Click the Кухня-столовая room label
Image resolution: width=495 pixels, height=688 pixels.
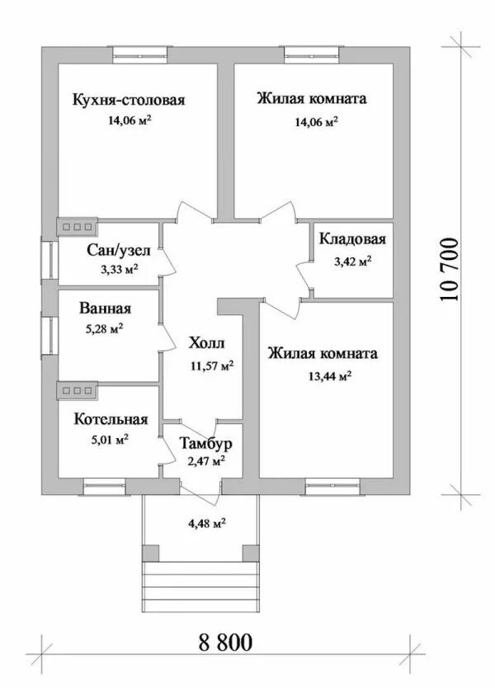[129, 100]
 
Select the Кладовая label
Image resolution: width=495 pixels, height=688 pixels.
[352, 239]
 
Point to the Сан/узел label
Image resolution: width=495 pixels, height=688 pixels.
[119, 251]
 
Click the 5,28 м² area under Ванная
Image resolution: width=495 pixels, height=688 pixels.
[104, 328]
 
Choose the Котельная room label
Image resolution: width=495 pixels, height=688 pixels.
[111, 419]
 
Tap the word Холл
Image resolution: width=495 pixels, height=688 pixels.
[206, 342]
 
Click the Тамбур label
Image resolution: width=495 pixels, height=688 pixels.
[205, 444]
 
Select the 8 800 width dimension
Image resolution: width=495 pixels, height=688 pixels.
[225, 643]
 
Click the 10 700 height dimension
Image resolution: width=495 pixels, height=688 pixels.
[450, 270]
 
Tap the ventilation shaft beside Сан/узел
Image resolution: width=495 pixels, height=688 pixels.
[78, 228]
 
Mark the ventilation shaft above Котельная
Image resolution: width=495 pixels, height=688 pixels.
[78, 390]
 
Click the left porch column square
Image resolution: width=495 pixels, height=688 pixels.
[151, 553]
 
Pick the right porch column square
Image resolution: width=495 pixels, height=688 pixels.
[251, 553]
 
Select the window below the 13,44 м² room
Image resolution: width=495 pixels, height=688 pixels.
[333, 486]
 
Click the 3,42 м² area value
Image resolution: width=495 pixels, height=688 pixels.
[352, 262]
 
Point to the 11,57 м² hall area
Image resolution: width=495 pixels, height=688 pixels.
[212, 366]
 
